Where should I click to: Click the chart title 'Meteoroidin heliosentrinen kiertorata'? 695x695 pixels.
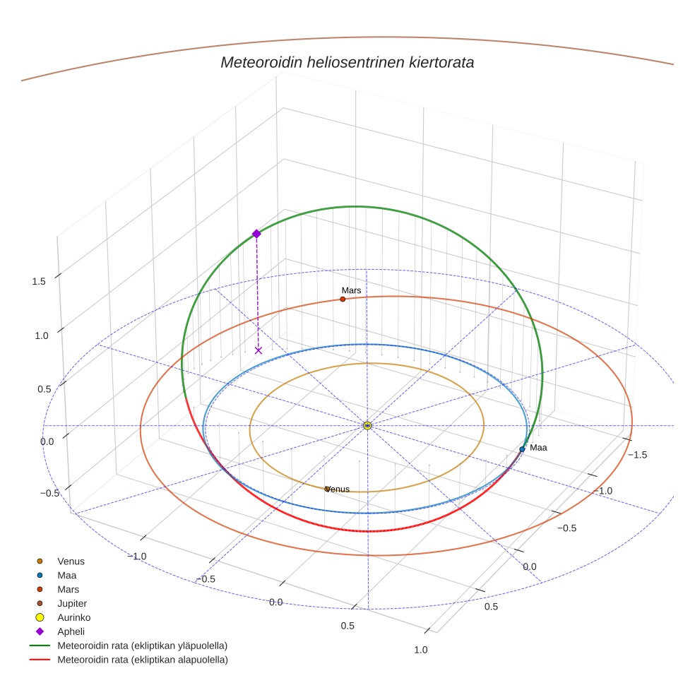pos(347,62)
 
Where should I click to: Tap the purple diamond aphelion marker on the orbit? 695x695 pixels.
pos(256,234)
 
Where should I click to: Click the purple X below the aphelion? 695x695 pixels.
pos(259,350)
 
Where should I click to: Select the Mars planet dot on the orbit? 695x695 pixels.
pos(343,299)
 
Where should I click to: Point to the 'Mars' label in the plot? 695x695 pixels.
pos(351,290)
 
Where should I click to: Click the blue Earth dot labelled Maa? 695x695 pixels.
pos(522,449)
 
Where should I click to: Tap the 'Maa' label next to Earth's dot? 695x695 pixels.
pos(538,447)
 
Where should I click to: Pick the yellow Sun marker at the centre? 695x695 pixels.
pos(367,425)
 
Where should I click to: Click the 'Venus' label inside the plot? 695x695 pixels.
pos(338,489)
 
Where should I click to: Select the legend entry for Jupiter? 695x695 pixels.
pos(72,603)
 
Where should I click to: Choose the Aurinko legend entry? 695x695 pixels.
pos(73,617)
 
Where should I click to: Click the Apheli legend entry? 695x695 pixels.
pos(71,631)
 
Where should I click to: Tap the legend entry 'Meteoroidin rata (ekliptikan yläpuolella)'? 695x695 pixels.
pos(143,646)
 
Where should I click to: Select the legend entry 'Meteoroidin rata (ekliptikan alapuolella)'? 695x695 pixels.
pos(143,660)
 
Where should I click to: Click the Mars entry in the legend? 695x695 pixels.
pos(68,589)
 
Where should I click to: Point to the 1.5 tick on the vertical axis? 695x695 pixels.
pos(39,281)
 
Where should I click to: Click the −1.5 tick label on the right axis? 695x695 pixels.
pos(637,455)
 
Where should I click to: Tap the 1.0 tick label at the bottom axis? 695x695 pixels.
pos(421,650)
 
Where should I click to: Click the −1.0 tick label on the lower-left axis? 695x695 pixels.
pos(137,557)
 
